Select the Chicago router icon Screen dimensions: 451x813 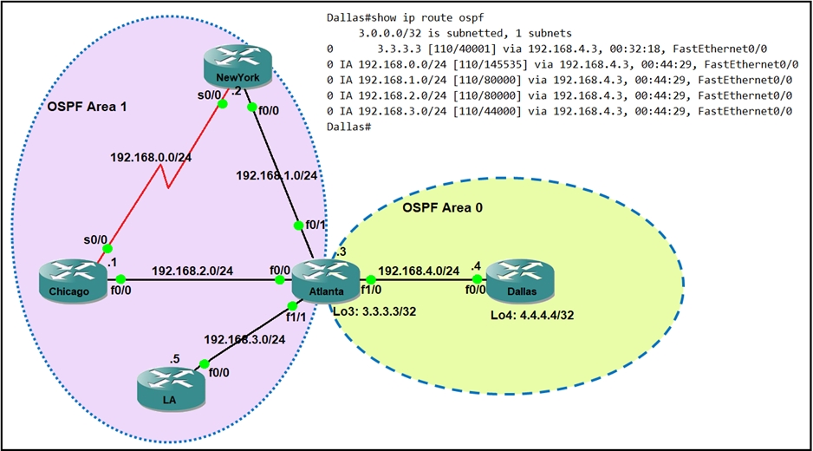[76, 284]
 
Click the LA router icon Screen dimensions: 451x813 [172, 388]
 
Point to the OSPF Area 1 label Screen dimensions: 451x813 [87, 107]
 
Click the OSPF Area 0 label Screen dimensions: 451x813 [443, 208]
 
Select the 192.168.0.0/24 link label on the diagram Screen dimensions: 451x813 [150, 160]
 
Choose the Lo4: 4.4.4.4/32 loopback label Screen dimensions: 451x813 [533, 317]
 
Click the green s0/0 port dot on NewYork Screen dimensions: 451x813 [223, 103]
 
